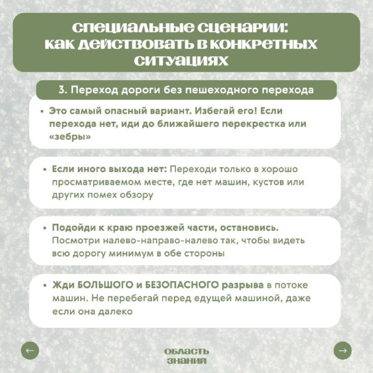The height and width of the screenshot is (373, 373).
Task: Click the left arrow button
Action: tap(30, 350)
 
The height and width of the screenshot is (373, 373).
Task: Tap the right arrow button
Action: tap(343, 350)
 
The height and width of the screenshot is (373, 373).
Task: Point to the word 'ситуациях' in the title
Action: tap(186, 61)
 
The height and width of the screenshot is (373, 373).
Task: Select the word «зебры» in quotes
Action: tap(69, 136)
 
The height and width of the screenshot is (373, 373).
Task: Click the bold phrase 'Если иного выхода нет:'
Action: tap(109, 170)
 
